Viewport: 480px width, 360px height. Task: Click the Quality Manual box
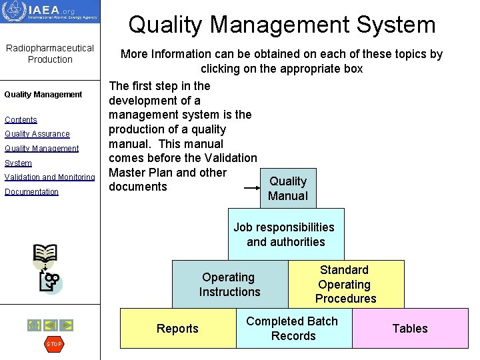pos(288,188)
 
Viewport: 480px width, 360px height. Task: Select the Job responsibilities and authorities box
pos(285,235)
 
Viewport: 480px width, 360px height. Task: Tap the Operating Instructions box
pos(229,284)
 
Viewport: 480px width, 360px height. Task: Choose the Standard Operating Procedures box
pos(345,284)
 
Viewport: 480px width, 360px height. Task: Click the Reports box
pos(177,328)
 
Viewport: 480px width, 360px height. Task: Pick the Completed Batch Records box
pos(293,328)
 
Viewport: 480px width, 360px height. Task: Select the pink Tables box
pos(409,328)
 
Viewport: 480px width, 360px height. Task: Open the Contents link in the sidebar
pos(21,120)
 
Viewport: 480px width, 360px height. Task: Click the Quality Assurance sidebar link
pos(37,134)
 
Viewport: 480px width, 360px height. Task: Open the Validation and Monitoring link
pos(49,177)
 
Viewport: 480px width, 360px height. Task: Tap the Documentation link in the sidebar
pos(31,192)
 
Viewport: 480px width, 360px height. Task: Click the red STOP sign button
pos(53,344)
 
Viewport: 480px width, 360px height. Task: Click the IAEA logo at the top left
pos(50,11)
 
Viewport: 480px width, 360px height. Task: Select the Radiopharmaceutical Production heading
pos(50,54)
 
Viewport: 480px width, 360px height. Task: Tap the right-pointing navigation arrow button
pos(67,325)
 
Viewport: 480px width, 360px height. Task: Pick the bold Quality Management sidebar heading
pos(43,95)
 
